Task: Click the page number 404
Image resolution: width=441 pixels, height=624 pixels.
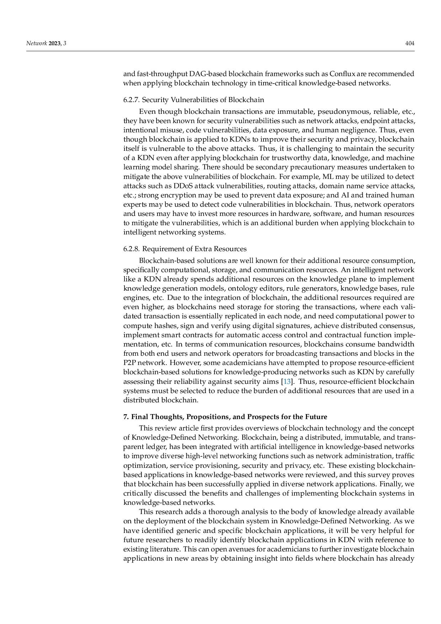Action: click(410, 43)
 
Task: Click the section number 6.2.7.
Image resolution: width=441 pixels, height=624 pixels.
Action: click(132, 100)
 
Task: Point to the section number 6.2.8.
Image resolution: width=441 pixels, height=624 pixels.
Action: click(132, 249)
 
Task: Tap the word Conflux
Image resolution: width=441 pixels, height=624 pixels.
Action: click(342, 74)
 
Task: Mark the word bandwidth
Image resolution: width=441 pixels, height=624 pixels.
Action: click(395, 344)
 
